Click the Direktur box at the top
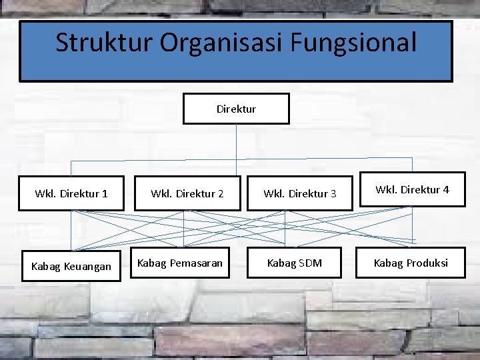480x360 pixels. pos(236,109)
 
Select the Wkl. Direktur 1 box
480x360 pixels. pos(71,194)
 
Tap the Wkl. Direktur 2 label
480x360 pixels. pos(187,194)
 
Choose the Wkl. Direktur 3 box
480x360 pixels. pos(299,194)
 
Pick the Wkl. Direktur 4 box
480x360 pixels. pos(412,189)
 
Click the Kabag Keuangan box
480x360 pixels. pos(71,267)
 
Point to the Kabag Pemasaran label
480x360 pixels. pos(180,263)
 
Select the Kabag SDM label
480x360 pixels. pos(294,263)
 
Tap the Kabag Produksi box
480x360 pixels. pos(411,263)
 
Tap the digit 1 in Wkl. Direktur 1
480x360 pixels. pos(105,194)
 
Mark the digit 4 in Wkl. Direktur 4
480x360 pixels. pos(446,189)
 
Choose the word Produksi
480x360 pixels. pos(427,263)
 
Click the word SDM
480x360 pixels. pos(310,263)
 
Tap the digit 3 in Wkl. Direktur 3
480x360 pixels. pos(333,194)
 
